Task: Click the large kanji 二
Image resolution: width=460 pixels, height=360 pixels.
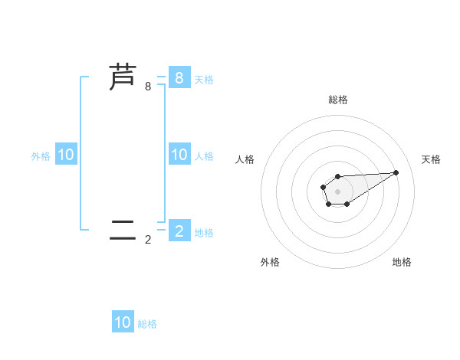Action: click(x=123, y=229)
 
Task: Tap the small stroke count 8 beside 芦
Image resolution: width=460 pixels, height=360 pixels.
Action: click(x=148, y=87)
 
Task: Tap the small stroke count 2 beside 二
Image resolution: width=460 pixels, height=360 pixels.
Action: click(x=148, y=240)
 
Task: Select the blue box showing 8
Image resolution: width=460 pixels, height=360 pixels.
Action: click(x=179, y=77)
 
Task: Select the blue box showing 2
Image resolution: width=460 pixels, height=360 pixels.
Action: click(x=179, y=230)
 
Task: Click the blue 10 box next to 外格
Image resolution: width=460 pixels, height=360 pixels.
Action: click(x=66, y=155)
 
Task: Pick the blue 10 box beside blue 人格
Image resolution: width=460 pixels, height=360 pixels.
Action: click(x=179, y=155)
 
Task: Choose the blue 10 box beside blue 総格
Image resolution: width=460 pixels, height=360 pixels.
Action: click(x=123, y=322)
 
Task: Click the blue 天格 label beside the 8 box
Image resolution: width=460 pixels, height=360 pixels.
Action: click(x=204, y=79)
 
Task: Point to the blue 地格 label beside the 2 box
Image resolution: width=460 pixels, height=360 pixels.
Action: click(x=204, y=232)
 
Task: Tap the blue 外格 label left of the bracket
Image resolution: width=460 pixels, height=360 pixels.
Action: click(x=41, y=156)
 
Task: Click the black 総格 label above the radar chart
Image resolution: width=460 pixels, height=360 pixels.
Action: click(x=338, y=100)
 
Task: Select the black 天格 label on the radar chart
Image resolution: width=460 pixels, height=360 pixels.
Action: click(x=432, y=159)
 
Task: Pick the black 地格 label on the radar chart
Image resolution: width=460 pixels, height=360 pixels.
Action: click(x=402, y=262)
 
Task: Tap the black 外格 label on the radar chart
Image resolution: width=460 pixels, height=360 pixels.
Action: click(x=270, y=262)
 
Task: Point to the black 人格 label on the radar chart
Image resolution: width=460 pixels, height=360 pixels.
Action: click(x=245, y=159)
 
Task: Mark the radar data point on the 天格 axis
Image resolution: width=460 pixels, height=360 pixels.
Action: click(x=396, y=172)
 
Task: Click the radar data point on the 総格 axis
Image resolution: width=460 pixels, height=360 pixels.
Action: click(x=337, y=177)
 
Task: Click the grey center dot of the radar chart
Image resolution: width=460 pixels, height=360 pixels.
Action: click(x=337, y=190)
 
